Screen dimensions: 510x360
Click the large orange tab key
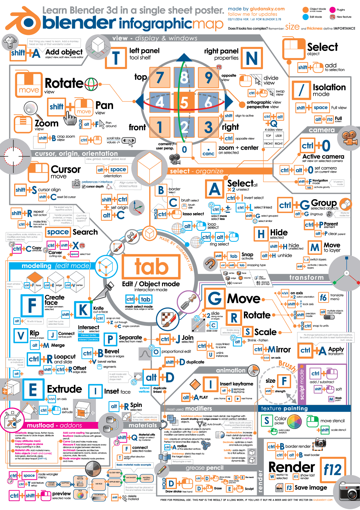tap(151, 267)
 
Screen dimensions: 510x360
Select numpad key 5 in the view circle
tap(184, 102)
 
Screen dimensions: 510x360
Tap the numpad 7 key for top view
tap(160, 77)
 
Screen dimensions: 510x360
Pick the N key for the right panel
tap(252, 58)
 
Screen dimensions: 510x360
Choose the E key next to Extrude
tap(33, 390)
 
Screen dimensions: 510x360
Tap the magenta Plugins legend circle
tap(333, 10)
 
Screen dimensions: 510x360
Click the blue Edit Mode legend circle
tap(305, 17)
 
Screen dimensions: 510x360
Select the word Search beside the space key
tap(85, 232)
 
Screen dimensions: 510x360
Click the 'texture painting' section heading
tap(284, 408)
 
